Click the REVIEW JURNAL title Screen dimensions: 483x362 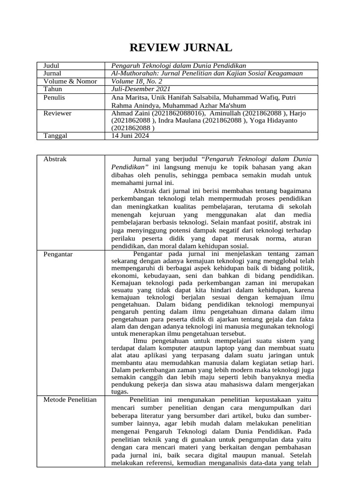(x=181, y=48)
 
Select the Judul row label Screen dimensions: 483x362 (x=51, y=66)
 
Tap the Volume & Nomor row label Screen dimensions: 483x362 (x=70, y=81)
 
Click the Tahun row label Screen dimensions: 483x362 (x=53, y=89)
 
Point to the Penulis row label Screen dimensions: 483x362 (x=54, y=97)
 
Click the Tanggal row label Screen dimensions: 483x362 (x=55, y=136)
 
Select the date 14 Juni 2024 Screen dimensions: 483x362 (x=131, y=136)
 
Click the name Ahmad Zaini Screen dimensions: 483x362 (x=129, y=113)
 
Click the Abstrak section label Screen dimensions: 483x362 (x=55, y=159)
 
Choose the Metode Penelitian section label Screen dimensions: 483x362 (x=70, y=400)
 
